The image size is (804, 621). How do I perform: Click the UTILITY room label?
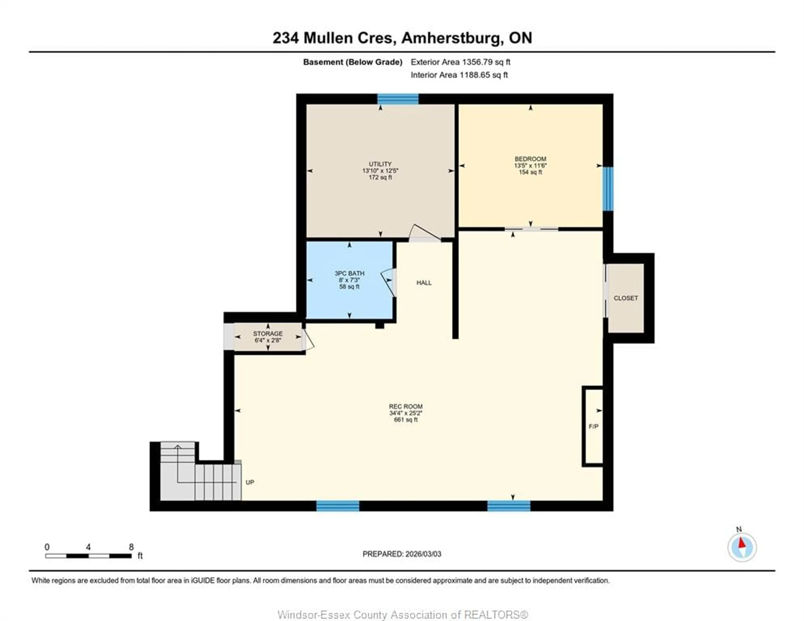tap(380, 164)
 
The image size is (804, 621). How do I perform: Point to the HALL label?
tap(424, 283)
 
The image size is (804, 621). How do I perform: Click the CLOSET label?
tap(625, 298)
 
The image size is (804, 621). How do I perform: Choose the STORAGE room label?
tap(268, 333)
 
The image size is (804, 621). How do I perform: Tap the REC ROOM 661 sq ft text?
tap(406, 420)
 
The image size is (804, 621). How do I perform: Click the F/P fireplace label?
tap(593, 427)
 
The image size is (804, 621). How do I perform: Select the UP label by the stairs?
tap(250, 482)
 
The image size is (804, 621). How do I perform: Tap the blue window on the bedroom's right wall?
tap(608, 189)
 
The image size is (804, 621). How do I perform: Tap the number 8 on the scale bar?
tap(131, 547)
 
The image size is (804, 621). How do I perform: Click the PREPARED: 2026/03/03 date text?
tap(402, 554)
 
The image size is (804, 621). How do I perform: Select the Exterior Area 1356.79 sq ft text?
tap(460, 62)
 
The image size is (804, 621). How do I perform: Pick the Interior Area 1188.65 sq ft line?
tap(459, 75)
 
